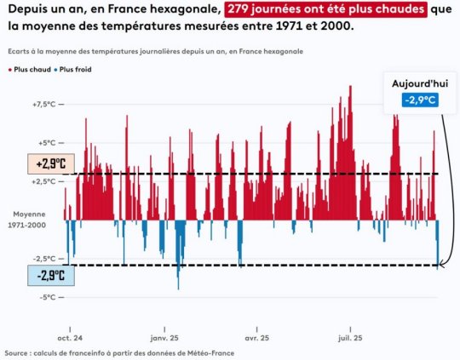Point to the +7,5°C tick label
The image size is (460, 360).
(44, 104)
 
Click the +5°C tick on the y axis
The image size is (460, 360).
(47, 143)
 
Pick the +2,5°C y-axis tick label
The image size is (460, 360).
(44, 181)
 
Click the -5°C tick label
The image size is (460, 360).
(47, 297)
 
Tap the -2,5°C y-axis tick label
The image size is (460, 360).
(44, 258)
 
